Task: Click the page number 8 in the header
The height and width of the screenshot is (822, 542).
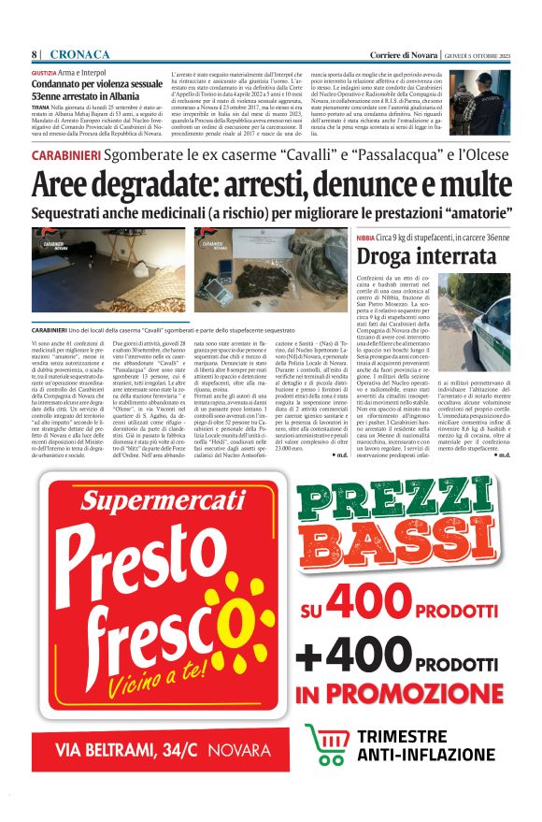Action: [35, 53]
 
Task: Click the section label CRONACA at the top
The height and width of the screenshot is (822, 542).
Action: [79, 53]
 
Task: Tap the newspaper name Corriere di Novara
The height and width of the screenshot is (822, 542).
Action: [399, 53]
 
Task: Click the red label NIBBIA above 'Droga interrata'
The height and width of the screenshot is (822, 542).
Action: [364, 238]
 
